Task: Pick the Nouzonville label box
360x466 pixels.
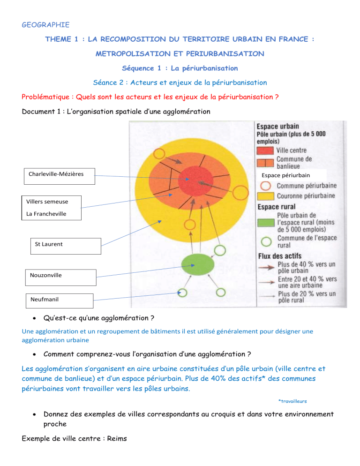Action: (x=59, y=276)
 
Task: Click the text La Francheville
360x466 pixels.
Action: (x=46, y=214)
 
